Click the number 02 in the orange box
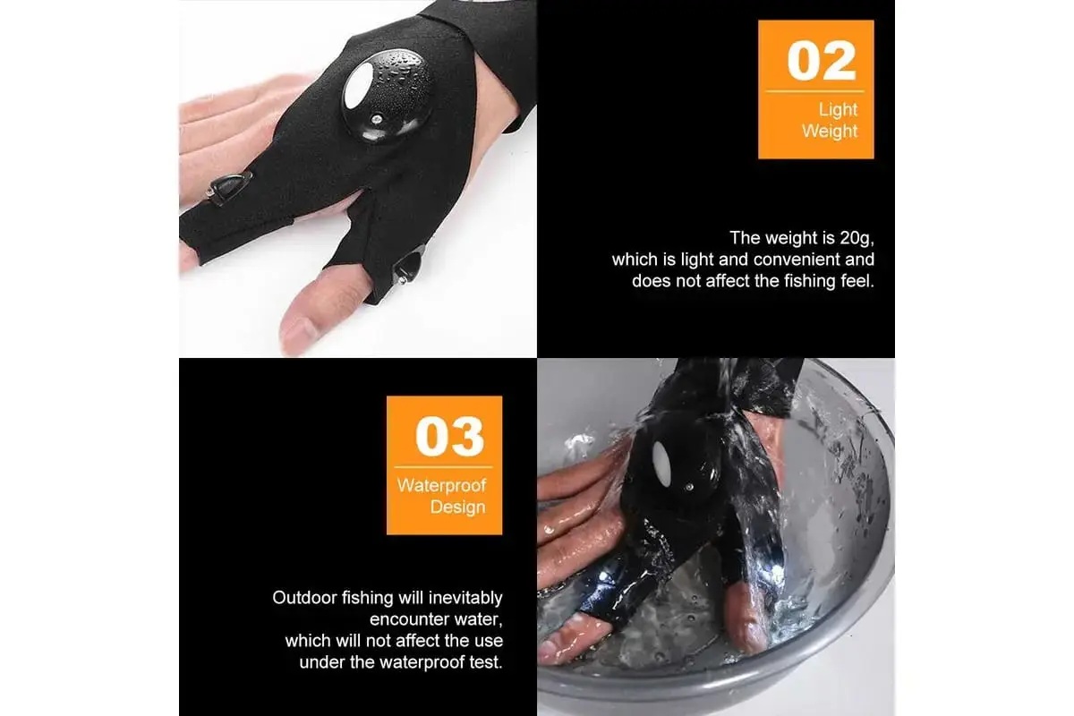click(822, 61)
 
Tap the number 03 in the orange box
click(449, 437)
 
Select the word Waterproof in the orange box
click(441, 485)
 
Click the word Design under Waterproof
click(458, 507)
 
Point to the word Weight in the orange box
click(830, 131)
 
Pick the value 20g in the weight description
click(857, 238)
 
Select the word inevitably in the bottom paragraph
click(465, 598)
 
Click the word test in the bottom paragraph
click(486, 662)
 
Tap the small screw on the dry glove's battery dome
click(378, 118)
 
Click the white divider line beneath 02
click(814, 91)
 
